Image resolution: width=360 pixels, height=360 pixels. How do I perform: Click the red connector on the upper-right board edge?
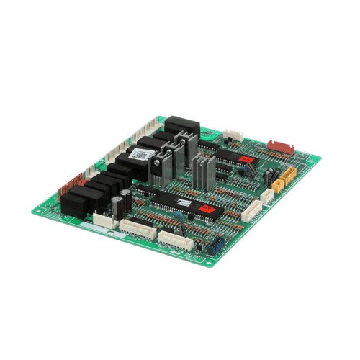click(x=282, y=146)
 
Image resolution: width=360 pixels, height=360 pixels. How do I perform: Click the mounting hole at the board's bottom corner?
click(x=209, y=261)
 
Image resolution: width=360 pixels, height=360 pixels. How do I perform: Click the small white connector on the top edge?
click(x=233, y=135)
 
